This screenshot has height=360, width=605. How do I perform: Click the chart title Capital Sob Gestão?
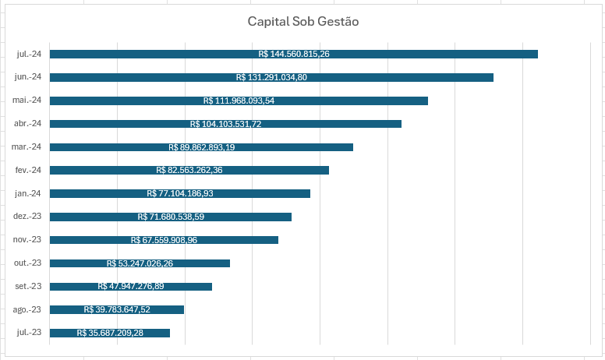coord(302,22)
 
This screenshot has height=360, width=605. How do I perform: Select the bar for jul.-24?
coord(294,54)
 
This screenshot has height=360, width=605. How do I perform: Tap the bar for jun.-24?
coord(271,77)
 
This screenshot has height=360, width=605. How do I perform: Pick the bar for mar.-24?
coord(201,147)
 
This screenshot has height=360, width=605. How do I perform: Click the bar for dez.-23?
coord(171,217)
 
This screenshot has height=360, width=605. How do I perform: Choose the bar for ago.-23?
coord(117,309)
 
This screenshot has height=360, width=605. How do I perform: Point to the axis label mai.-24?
coord(27,101)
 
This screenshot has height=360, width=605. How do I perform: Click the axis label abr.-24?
coord(27,123)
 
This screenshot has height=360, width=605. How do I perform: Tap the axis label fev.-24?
coord(28,170)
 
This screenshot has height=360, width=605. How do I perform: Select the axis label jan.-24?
coord(28,193)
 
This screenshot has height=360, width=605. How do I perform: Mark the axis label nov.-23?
coord(27,240)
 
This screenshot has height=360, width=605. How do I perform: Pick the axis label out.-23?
coord(27,263)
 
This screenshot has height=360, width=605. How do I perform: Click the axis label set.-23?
coord(28,287)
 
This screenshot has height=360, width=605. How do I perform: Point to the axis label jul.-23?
coord(29,332)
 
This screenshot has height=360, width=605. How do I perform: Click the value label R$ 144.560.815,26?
coord(294,54)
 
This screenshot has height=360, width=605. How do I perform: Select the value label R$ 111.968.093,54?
coord(239,101)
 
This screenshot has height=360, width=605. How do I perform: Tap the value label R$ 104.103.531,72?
coord(226,124)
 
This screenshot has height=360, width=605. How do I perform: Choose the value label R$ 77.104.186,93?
coord(180,193)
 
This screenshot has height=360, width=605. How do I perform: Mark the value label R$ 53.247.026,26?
coord(140,263)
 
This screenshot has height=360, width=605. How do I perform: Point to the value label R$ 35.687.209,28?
coord(110,333)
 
